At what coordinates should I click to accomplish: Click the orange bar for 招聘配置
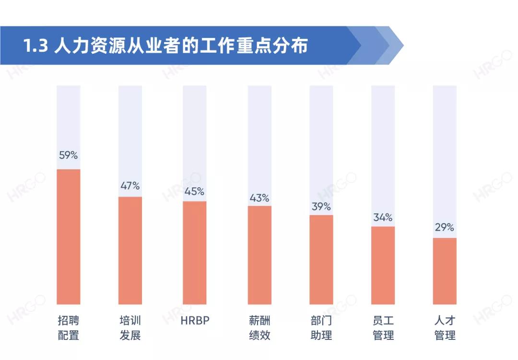(69, 237)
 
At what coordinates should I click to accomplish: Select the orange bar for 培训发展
(130, 250)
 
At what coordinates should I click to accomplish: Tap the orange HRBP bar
(195, 253)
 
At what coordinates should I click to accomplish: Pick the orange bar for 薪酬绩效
(259, 255)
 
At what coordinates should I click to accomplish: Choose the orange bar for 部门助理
(321, 259)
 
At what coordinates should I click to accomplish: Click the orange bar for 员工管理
(383, 265)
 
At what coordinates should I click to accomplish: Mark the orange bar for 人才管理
(445, 271)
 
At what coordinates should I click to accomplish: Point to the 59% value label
(69, 155)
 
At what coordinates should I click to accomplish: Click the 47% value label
(130, 186)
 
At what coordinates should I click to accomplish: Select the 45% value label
(195, 191)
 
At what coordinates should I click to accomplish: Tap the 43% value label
(259, 198)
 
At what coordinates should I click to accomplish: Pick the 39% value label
(321, 207)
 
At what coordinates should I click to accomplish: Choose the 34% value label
(383, 218)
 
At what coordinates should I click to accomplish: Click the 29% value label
(445, 228)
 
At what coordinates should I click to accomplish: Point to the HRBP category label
(195, 321)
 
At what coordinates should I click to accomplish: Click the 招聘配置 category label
(69, 327)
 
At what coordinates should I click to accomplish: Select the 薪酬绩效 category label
(259, 327)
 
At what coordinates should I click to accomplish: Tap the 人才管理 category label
(445, 327)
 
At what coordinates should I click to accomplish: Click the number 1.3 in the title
(36, 46)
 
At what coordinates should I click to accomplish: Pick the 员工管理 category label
(383, 327)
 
